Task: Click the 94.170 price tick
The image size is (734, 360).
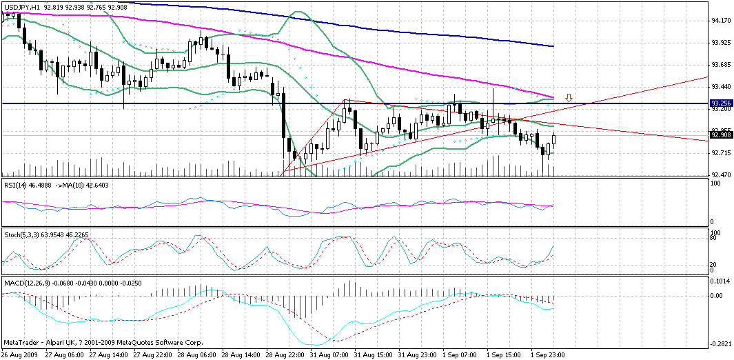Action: [x=721, y=21]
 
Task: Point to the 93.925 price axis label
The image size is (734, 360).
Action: [x=721, y=43]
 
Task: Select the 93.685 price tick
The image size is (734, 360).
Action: [x=721, y=65]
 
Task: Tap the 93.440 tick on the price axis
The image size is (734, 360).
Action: [x=721, y=87]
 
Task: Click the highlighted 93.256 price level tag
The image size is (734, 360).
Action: [x=721, y=103]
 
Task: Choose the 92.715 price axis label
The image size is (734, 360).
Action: [x=721, y=152]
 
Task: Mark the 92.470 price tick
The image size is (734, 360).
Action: [x=721, y=174]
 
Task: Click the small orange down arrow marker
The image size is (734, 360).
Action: [x=569, y=97]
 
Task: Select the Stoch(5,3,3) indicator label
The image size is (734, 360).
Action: [x=21, y=235]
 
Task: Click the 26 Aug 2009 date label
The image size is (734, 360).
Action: [x=19, y=355]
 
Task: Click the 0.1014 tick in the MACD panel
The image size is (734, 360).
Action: [x=721, y=281]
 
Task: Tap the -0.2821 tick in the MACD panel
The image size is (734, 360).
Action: [x=721, y=343]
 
